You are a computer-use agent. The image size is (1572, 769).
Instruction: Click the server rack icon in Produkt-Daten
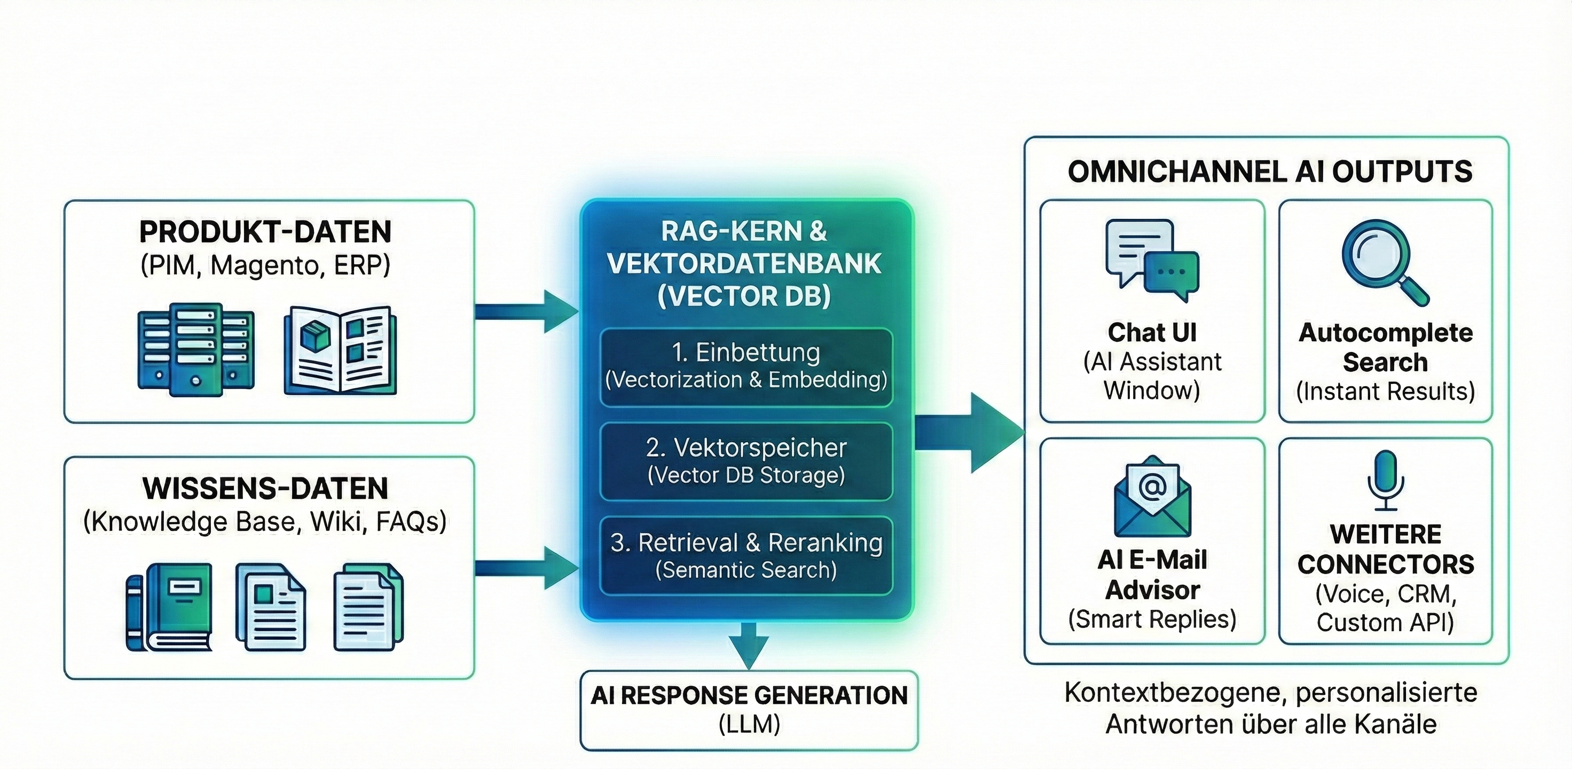click(x=195, y=349)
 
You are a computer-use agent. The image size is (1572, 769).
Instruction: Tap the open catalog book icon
click(x=340, y=351)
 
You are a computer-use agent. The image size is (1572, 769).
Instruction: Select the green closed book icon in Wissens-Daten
click(x=170, y=607)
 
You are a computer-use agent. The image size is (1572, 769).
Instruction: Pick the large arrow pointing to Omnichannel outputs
click(x=970, y=433)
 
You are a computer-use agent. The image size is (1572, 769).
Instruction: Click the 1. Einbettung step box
click(x=746, y=367)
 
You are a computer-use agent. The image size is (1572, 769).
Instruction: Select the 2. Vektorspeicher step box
click(x=746, y=461)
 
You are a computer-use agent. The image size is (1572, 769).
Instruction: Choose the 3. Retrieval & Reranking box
click(x=746, y=556)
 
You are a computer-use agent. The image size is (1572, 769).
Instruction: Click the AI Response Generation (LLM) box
click(x=749, y=710)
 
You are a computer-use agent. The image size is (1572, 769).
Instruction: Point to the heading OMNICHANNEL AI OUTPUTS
click(x=1269, y=171)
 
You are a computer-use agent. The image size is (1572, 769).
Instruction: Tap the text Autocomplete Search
click(x=1385, y=347)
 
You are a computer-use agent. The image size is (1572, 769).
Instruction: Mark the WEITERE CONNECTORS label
click(x=1385, y=550)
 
